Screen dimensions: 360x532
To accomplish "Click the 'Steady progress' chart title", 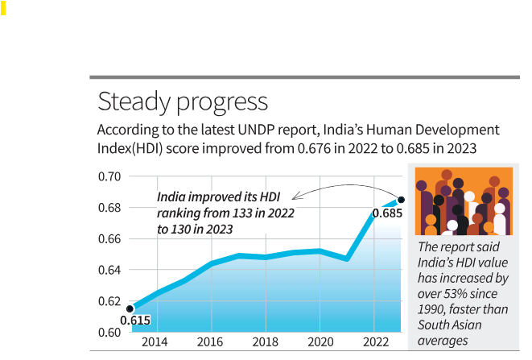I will point(182,102).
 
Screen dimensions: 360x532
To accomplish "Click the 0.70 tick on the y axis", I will point(109,176).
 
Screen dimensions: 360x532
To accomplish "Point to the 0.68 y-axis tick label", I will point(109,208).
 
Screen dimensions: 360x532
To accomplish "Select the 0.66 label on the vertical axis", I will point(109,239).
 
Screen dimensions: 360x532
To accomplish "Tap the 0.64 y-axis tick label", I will point(109,270).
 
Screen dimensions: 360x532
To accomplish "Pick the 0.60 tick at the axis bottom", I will point(109,332).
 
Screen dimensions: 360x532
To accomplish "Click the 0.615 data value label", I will point(135,321).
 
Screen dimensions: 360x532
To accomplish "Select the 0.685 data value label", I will point(386,214).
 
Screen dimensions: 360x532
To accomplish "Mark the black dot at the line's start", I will point(130,308).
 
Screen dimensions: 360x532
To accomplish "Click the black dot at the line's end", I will point(401,199).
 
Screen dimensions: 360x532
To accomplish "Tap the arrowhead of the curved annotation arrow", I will point(295,196).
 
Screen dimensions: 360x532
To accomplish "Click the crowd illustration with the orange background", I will point(462,201).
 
